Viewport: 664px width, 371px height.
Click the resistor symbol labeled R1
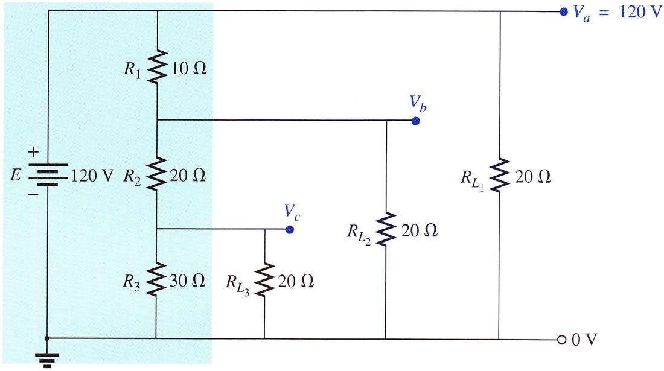click(x=158, y=66)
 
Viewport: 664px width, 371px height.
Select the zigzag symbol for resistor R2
click(x=157, y=174)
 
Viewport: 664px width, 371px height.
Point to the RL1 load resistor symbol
click(x=500, y=176)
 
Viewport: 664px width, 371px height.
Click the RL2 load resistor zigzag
click(x=386, y=229)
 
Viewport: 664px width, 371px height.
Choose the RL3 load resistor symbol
click(x=265, y=279)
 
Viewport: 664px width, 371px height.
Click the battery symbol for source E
click(x=48, y=175)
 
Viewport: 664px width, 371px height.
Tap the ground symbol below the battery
click(x=46, y=360)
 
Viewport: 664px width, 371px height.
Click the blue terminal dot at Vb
click(x=415, y=121)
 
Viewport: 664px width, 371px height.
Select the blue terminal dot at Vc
click(x=290, y=230)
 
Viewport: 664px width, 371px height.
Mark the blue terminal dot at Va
click(x=563, y=12)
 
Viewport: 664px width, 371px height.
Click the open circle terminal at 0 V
click(x=562, y=340)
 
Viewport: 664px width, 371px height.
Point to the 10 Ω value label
click(x=189, y=68)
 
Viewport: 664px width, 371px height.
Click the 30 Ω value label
click(x=188, y=281)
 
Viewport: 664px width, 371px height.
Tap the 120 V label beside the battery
click(x=92, y=176)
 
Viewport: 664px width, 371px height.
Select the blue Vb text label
click(x=418, y=104)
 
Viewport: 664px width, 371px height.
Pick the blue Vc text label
click(x=292, y=212)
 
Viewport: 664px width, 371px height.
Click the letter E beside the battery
click(x=16, y=175)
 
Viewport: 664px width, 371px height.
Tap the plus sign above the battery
click(x=33, y=151)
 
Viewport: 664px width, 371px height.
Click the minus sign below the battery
click(x=33, y=195)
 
